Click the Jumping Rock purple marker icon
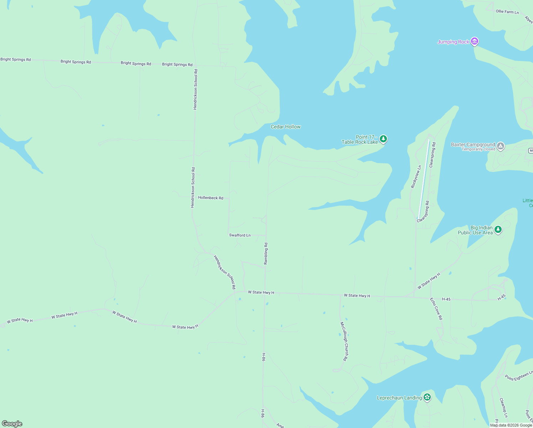pos(474,42)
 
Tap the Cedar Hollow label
pos(285,127)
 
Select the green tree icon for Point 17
pos(383,139)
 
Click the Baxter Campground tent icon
pos(501,146)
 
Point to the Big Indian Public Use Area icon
pos(498,230)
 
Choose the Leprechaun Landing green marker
pos(427,397)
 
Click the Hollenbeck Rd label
pos(211,198)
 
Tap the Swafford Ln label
pos(240,235)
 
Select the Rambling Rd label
pos(266,254)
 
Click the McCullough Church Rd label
pos(343,341)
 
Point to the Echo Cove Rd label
pos(436,309)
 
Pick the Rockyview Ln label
pos(416,177)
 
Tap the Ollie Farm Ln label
pos(507,12)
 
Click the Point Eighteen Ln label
pos(518,376)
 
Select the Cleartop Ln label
pos(503,408)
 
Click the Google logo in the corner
pos(12,424)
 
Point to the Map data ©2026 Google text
pos(511,425)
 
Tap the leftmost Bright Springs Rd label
pos(16,60)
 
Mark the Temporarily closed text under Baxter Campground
pos(478,149)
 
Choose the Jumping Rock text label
pos(453,42)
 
